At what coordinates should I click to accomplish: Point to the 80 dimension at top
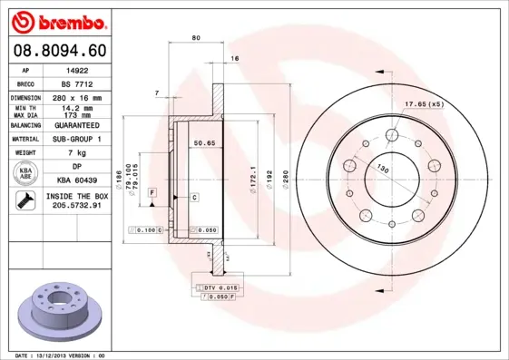tap(196, 37)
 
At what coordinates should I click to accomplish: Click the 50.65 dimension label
tap(204, 142)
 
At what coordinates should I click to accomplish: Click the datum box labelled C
tap(195, 197)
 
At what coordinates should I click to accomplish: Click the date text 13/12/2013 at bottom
tap(53, 355)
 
